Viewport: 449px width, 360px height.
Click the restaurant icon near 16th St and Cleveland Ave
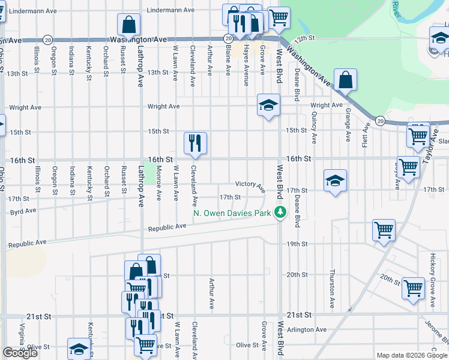[x=195, y=143]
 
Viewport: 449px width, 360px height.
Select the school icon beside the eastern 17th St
[x=335, y=180]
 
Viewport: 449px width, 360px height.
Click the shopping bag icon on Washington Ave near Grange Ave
[x=346, y=79]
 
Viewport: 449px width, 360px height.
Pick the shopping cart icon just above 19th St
[x=384, y=230]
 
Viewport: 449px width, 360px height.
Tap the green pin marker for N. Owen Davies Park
[x=279, y=212]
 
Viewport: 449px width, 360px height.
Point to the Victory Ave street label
[x=250, y=185]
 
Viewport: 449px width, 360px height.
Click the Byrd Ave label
[x=23, y=211]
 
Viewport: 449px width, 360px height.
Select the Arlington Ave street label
[x=306, y=329]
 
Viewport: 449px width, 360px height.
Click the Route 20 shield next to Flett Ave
[x=381, y=121]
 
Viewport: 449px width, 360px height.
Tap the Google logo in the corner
[x=20, y=352]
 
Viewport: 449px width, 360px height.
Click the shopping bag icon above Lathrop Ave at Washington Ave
[x=129, y=25]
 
